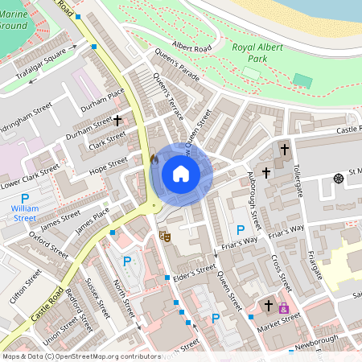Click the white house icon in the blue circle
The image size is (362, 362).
click(181, 173)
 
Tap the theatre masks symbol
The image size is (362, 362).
click(164, 236)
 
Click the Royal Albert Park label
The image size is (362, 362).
click(261, 53)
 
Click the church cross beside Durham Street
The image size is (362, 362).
click(117, 120)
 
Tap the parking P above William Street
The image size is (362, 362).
click(24, 198)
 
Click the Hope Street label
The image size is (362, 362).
click(109, 164)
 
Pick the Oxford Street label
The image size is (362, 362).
click(49, 243)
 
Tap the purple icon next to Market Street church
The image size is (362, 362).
click(283, 307)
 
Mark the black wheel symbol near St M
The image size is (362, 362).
click(337, 177)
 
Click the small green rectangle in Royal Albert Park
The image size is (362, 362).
click(302, 80)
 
